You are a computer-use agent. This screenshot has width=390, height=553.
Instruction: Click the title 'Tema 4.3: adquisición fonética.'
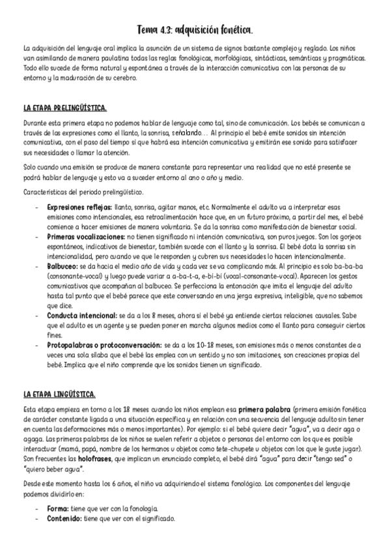(x=195, y=30)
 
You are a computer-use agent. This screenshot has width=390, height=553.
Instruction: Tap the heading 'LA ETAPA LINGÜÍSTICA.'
(x=59, y=395)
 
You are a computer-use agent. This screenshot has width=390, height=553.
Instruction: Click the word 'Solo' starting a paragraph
(x=30, y=168)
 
